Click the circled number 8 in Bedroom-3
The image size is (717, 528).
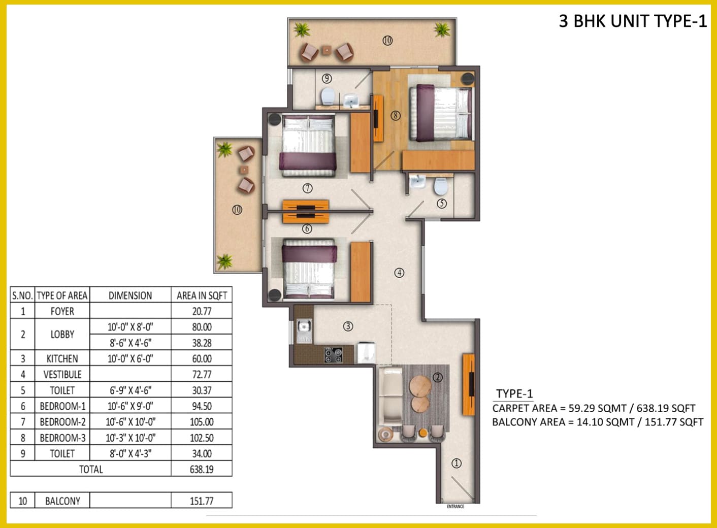pos(396,115)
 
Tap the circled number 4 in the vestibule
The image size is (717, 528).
pos(399,273)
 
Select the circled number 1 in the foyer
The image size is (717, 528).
pos(457,463)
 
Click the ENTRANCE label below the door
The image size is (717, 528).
pos(455,507)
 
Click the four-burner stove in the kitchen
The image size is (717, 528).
pos(334,355)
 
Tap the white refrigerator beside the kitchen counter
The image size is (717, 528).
pos(367,353)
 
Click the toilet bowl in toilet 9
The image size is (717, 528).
pos(328,96)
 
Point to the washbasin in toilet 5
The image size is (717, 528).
pos(418,182)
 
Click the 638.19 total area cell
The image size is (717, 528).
pos(202,470)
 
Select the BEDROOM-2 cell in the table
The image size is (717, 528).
pos(62,422)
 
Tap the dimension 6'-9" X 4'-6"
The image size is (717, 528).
pos(131,390)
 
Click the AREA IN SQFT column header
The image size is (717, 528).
pos(202,295)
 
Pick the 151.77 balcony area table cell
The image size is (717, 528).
pos(202,501)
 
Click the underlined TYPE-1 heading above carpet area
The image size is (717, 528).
pos(514,394)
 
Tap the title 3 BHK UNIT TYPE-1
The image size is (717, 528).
pos(633,21)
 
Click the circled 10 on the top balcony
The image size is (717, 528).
pos(387,40)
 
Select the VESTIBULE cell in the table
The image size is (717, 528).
pos(62,374)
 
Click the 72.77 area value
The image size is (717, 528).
pos(202,374)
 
